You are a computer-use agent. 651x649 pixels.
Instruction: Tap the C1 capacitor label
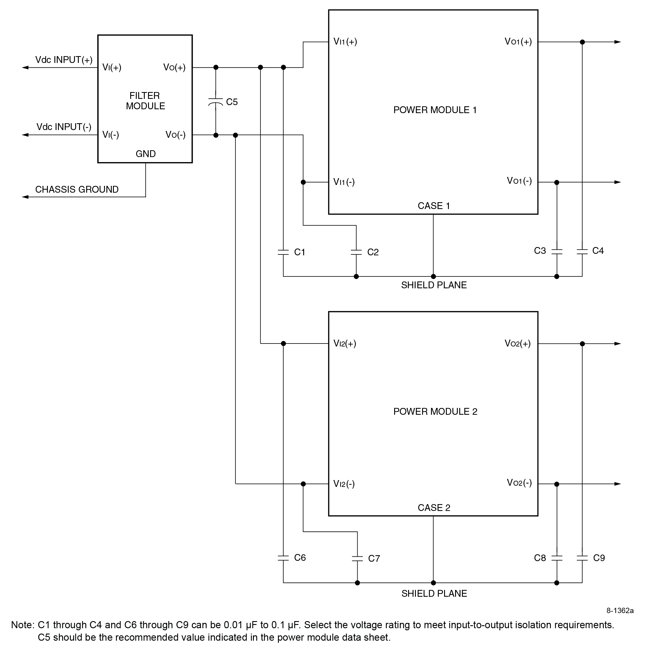point(300,252)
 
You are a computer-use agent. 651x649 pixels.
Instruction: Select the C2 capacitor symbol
point(356,252)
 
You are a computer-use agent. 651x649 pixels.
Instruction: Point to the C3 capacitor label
point(540,251)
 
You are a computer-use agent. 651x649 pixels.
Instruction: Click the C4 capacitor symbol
point(582,251)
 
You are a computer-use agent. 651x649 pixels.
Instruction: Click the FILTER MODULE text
point(145,101)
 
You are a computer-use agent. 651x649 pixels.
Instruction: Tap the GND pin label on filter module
point(146,154)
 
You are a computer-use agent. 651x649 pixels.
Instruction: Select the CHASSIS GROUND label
point(77,189)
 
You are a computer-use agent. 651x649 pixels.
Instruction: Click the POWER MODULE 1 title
point(435,110)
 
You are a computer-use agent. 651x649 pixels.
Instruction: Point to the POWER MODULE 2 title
point(435,412)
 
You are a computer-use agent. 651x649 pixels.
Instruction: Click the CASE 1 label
point(434,206)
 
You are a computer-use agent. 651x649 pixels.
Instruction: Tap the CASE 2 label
point(434,508)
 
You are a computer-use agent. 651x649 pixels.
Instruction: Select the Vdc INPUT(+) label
point(64,60)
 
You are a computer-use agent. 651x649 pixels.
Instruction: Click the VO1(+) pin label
point(518,42)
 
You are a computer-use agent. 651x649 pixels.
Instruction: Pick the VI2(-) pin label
point(344,484)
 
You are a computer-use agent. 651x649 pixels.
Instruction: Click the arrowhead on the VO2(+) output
point(617,344)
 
